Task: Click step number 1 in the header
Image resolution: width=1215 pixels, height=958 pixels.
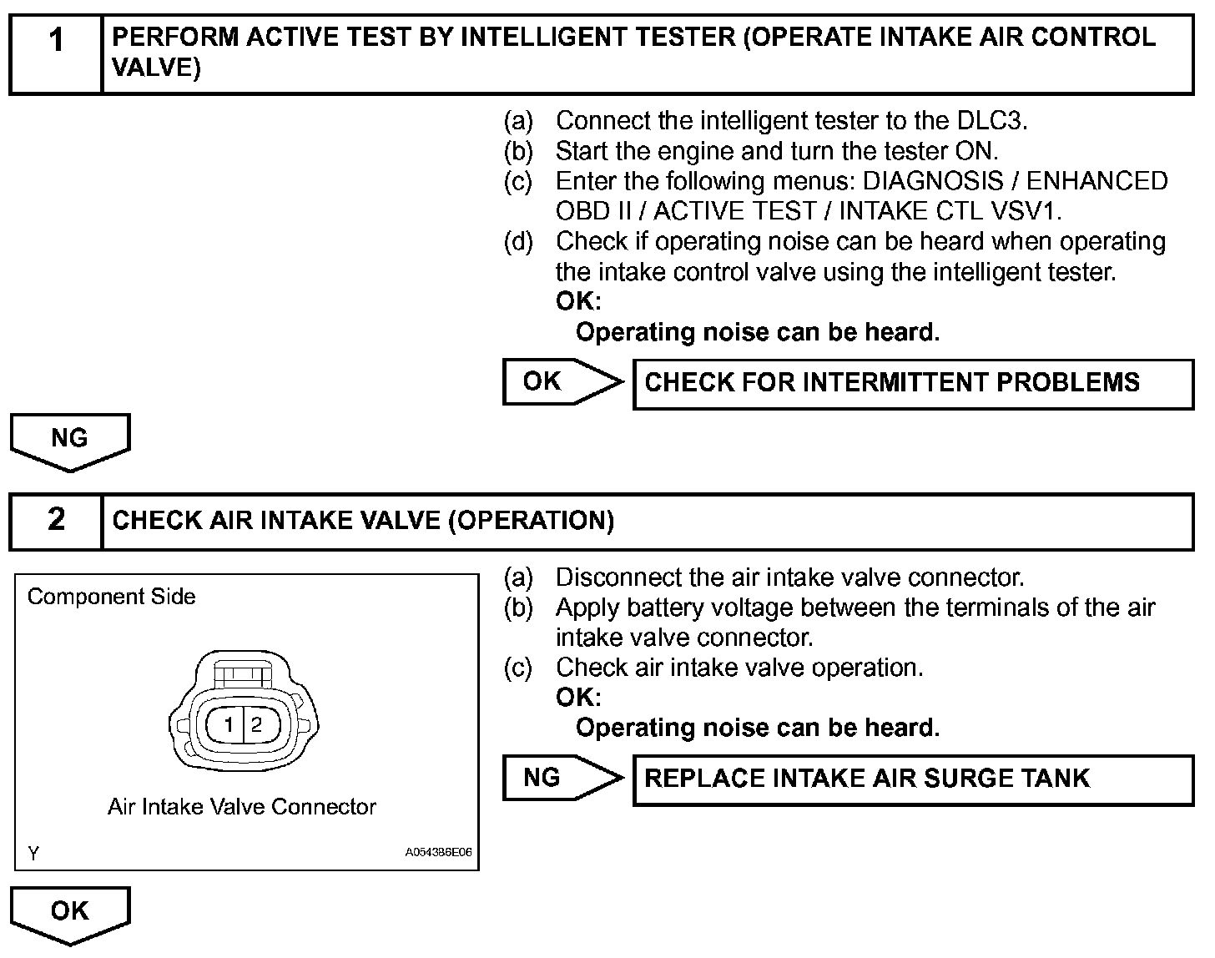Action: point(56,39)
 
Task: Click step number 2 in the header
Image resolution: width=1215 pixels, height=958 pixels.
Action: point(56,519)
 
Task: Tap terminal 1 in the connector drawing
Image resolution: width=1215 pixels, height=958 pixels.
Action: point(228,724)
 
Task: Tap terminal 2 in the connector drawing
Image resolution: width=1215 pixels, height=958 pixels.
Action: point(256,724)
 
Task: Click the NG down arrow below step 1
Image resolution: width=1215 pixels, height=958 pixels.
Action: point(70,439)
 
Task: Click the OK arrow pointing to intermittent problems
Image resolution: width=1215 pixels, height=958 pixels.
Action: point(561,381)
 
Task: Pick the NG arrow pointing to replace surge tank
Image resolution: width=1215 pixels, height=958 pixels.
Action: point(561,778)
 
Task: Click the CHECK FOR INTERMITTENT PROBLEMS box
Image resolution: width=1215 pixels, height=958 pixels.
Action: point(913,383)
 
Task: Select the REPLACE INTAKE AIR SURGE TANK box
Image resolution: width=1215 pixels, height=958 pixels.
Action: point(913,779)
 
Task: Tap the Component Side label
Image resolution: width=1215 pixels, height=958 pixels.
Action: point(111,597)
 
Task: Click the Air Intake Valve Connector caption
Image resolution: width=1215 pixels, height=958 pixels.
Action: point(242,807)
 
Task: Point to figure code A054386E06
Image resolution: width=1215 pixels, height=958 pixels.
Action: point(438,853)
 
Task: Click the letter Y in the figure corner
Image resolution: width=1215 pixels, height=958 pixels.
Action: point(33,853)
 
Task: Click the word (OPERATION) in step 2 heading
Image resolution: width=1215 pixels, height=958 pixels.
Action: point(531,521)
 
